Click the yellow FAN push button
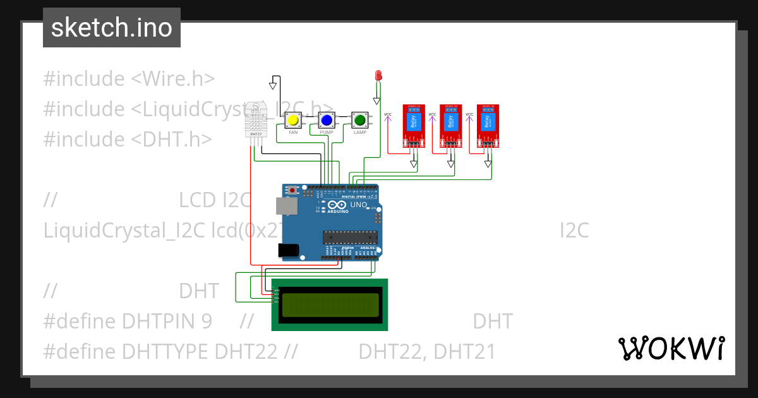(292, 120)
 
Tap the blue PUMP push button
(326, 120)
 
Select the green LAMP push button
(360, 120)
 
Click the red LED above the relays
(378, 76)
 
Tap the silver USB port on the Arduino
(286, 205)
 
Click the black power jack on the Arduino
(289, 250)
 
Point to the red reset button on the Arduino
(292, 189)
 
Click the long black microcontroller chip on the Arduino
(350, 238)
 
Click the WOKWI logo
(671, 348)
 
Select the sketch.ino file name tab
(112, 28)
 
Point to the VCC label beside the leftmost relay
(388, 114)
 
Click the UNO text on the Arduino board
(358, 205)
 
